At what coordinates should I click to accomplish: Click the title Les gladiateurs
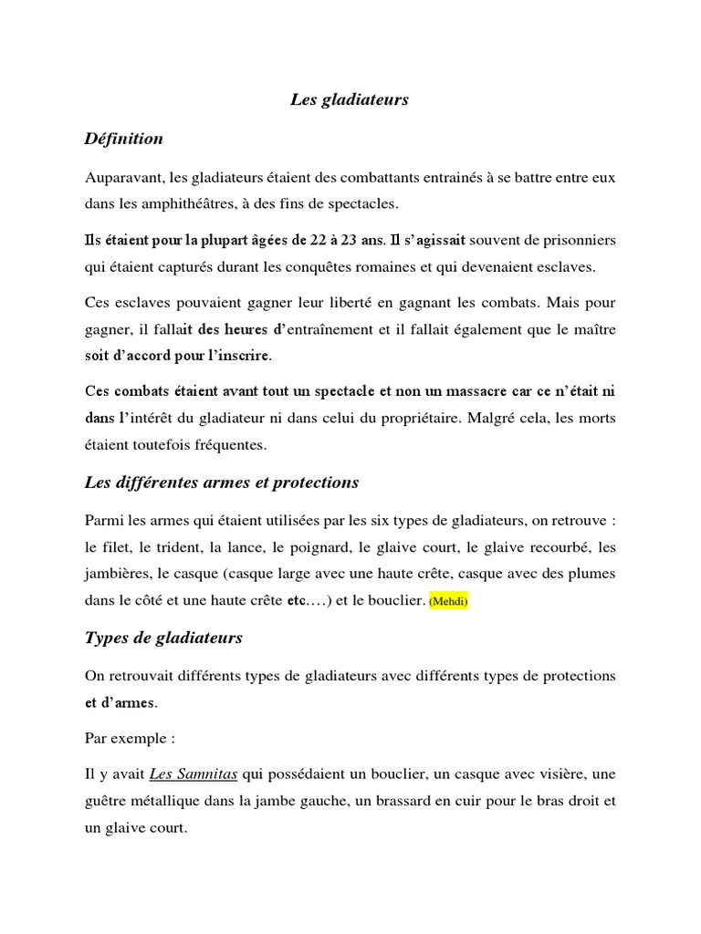coord(350,100)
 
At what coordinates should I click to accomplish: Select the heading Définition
coord(123,139)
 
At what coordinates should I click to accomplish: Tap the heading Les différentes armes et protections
coord(221,482)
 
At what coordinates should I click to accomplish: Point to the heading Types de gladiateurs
coord(162,638)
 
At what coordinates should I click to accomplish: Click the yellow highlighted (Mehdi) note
coord(448,602)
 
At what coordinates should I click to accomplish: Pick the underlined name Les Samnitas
coord(193,775)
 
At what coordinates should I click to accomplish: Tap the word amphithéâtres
coord(187,202)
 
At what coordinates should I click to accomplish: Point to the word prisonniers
coord(579,241)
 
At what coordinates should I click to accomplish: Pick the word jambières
coord(118,575)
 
